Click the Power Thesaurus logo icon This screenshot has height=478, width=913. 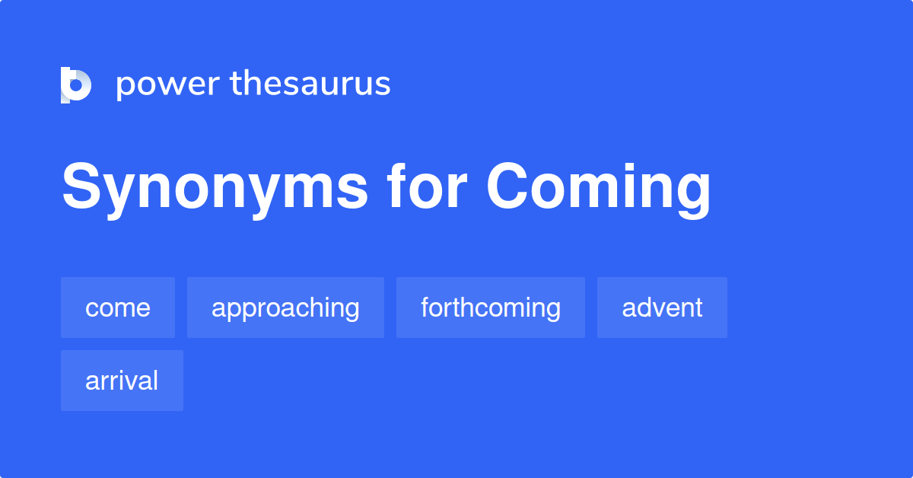click(x=76, y=84)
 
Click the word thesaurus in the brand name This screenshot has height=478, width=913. click(x=310, y=84)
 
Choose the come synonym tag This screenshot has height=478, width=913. click(x=118, y=308)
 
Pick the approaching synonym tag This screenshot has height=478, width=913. click(x=285, y=308)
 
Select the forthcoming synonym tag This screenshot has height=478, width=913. click(x=491, y=308)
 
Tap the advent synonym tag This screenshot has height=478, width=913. click(x=662, y=308)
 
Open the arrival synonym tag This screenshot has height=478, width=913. click(x=122, y=381)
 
